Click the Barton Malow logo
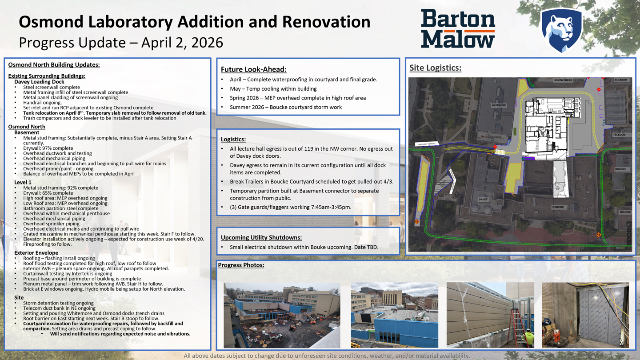click(x=458, y=28)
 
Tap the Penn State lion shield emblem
click(x=561, y=30)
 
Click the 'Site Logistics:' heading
click(x=435, y=68)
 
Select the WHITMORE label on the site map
click(x=499, y=105)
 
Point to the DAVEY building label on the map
click(x=483, y=200)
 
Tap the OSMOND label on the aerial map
click(x=558, y=207)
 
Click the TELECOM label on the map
click(x=619, y=135)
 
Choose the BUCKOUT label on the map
click(x=621, y=80)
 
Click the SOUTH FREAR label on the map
click(x=563, y=80)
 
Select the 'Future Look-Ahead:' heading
click(x=253, y=69)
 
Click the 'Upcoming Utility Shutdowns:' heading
click(x=261, y=237)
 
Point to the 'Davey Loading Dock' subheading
click(x=39, y=82)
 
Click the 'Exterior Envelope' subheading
click(x=36, y=253)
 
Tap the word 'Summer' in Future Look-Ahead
click(x=241, y=107)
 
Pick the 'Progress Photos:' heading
click(x=241, y=265)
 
